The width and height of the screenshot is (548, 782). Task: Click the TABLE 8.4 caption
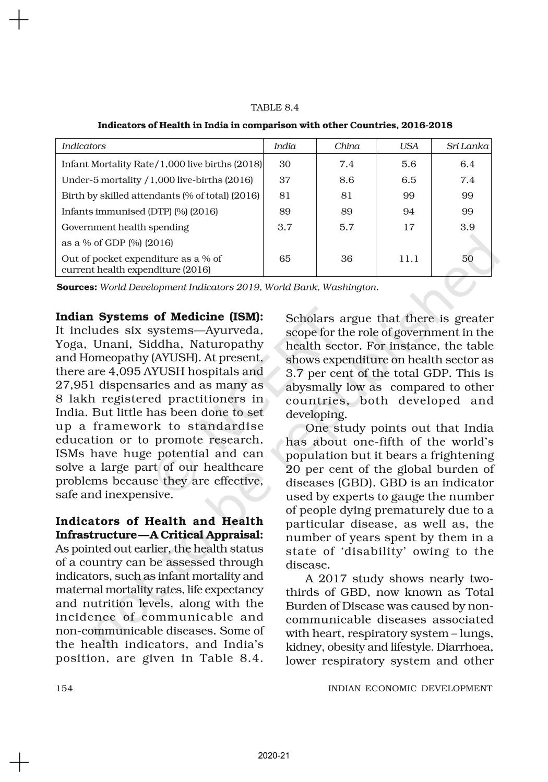point(275,108)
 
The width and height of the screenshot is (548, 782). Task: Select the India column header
point(284,146)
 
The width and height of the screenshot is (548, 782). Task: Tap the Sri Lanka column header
point(467,146)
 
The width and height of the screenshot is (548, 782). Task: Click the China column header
point(347,146)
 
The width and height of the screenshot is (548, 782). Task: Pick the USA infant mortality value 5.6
point(409,164)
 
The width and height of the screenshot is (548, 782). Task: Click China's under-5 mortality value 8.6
point(347,180)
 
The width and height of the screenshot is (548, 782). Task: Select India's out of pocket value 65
point(284,259)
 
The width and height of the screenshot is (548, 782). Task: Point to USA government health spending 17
point(409,227)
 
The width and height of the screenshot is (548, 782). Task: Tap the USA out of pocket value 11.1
point(409,259)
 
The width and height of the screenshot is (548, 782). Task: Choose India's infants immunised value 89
point(284,212)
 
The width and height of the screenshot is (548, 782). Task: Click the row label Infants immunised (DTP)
point(139,212)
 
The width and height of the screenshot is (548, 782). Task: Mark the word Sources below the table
point(77,287)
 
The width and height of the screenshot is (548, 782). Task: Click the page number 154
point(64,689)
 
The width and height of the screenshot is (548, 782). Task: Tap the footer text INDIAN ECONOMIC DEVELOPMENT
point(410,689)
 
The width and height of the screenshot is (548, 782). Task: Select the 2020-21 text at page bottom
point(273,756)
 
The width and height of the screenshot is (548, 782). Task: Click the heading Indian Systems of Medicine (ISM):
point(159,317)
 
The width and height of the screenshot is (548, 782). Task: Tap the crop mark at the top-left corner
point(19,20)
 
